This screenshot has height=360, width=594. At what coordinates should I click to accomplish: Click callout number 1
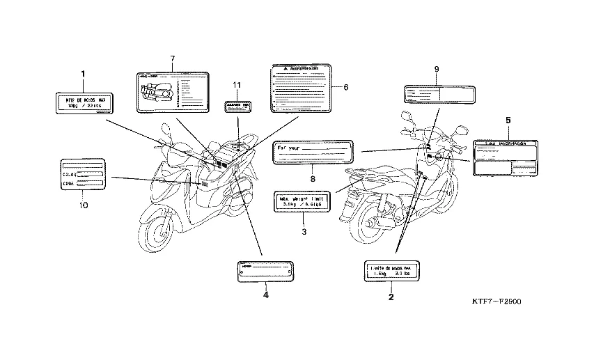(83, 73)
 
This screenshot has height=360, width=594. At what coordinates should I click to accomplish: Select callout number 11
(237, 85)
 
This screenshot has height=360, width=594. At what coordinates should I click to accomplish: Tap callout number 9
(436, 69)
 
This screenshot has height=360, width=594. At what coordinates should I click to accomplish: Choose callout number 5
(508, 120)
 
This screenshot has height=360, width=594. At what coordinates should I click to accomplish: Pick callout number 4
(265, 295)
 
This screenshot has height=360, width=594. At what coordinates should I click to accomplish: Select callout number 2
(391, 297)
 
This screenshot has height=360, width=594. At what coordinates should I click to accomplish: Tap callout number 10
(83, 205)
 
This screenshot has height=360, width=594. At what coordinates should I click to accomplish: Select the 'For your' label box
(313, 152)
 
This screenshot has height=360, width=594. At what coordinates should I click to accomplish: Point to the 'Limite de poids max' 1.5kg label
(391, 271)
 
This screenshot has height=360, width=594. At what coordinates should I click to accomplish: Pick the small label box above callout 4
(265, 270)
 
